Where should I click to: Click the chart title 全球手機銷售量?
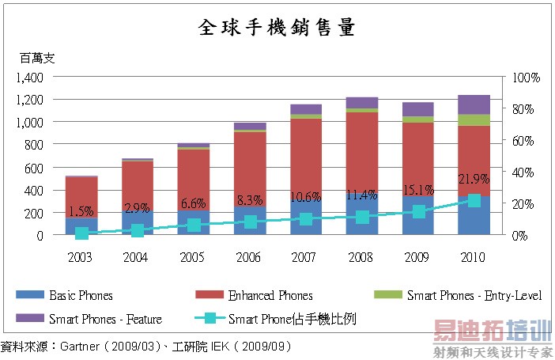coord(276,28)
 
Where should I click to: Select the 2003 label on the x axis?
coord(81,258)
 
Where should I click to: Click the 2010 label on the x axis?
coord(474,258)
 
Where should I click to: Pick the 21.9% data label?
coord(474,180)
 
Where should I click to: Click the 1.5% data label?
coord(81,211)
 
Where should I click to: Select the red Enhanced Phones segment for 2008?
coord(361,150)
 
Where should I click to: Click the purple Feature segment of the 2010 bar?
coord(474,104)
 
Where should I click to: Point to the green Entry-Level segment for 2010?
coord(474,119)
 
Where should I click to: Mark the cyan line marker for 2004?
coord(138,230)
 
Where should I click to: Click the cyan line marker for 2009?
coord(418,211)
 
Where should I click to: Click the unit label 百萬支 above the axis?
coord(38,58)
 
